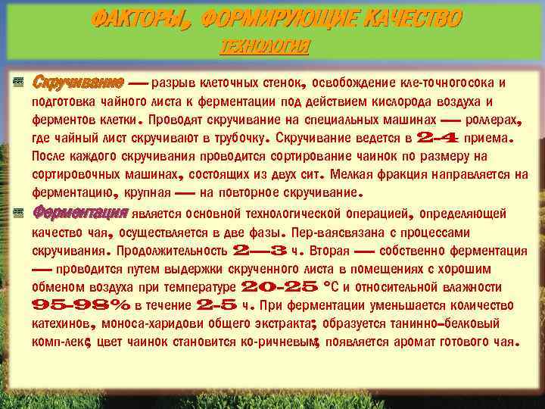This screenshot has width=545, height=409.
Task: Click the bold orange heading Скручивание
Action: (x=79, y=82)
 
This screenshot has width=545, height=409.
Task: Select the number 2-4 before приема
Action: (x=438, y=139)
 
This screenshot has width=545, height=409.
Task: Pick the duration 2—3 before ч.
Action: (x=260, y=250)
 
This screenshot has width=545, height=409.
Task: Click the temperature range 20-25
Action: (x=279, y=287)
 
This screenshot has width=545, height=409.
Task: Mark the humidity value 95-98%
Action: (x=81, y=306)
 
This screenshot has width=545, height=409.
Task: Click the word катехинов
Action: (x=63, y=324)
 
